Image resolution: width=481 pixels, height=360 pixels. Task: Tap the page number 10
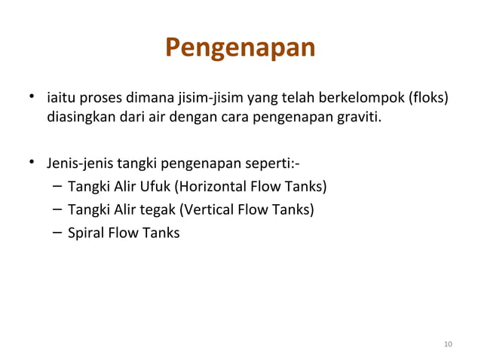coord(449,345)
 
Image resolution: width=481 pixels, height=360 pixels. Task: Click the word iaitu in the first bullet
coord(60,99)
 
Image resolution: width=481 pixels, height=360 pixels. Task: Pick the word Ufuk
coord(155,187)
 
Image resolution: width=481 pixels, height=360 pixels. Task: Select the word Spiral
coord(85,233)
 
